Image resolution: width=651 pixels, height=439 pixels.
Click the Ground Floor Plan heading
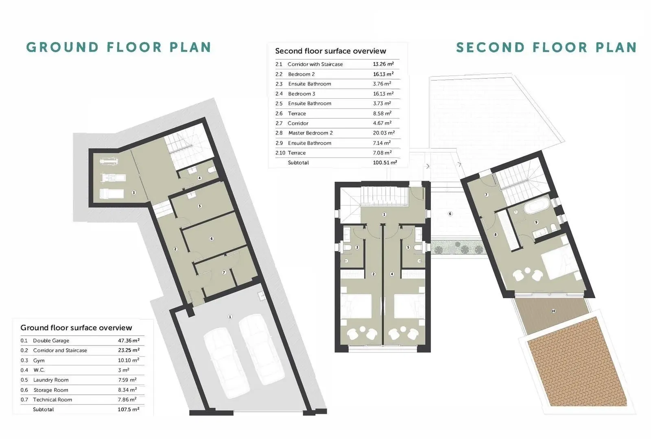118,47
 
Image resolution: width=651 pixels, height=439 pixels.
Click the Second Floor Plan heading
546,47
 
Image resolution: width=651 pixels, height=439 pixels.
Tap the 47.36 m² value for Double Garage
129,340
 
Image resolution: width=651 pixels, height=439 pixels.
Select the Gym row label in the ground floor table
39,360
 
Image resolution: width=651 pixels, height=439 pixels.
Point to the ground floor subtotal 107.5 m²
129,409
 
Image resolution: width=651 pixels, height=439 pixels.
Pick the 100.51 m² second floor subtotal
385,163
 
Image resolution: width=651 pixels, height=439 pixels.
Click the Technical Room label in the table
52,400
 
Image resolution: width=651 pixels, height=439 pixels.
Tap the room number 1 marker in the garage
230,317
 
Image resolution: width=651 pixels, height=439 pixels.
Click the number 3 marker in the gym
134,193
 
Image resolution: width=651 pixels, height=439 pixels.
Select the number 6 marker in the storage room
212,239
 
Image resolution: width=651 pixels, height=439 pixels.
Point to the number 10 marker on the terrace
553,311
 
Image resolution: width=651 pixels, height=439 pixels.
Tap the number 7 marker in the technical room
224,272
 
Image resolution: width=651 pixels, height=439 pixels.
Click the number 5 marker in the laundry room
200,206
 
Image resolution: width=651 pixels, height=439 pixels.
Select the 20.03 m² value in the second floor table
384,133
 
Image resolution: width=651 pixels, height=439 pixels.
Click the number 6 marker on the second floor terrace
450,214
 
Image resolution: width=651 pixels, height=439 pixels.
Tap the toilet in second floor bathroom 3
347,248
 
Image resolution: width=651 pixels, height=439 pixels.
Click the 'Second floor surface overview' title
330,51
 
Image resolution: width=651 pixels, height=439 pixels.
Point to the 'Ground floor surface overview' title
76,328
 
